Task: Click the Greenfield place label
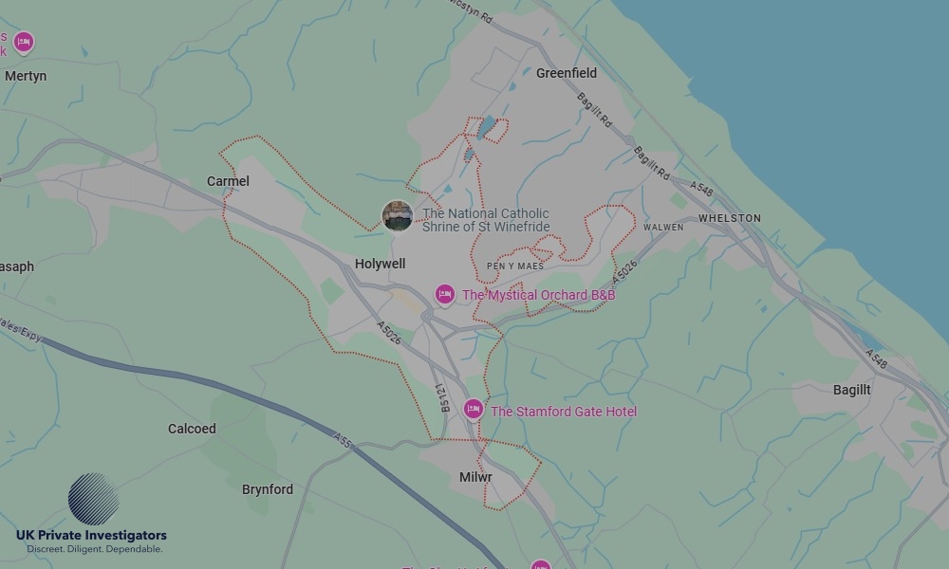pos(567,73)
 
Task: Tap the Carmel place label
pos(228,181)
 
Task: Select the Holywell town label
pos(380,264)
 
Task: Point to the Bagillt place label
pos(851,390)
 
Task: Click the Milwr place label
pos(475,477)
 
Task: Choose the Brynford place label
pos(268,489)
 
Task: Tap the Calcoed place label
pos(192,429)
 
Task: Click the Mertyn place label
pos(26,76)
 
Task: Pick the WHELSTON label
pos(730,218)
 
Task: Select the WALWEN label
pos(663,228)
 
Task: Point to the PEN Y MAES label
pos(515,266)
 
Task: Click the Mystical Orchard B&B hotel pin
pos(444,295)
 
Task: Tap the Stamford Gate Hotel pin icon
pos(473,409)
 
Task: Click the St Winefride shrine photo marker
pos(397,215)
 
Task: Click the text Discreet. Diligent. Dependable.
pos(94,549)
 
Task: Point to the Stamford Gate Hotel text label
pos(564,412)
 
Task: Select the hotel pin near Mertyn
pos(24,42)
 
